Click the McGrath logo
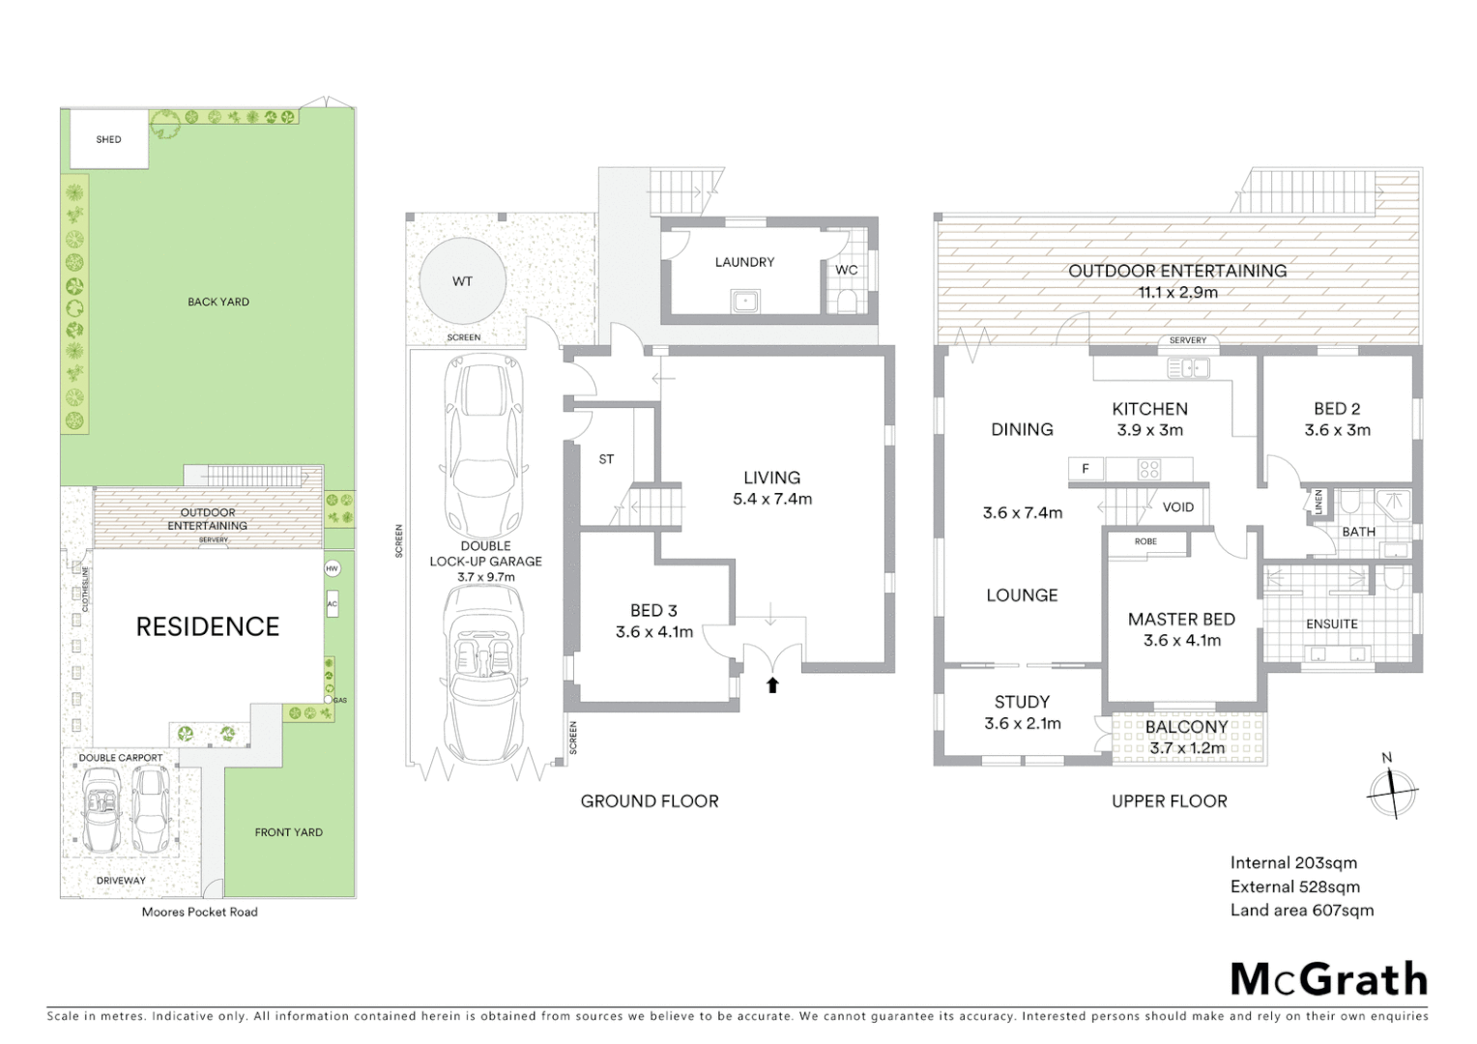coord(1328,979)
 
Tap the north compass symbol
coord(1392,790)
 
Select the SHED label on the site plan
coord(108,139)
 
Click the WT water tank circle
coord(462,281)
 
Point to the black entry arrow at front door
coord(772,685)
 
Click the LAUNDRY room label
coord(744,262)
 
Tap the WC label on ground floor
coord(846,270)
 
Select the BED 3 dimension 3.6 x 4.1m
coord(654,632)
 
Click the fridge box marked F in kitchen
coord(1086,469)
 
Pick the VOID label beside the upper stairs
coord(1177,507)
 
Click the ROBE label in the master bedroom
coord(1145,541)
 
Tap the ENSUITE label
coord(1331,624)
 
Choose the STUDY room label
coord(1022,702)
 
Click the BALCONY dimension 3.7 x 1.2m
coord(1187,748)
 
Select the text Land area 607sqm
coord(1301,910)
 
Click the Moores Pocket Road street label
coord(199,912)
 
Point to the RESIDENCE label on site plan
coord(207,626)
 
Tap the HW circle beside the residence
coord(333,568)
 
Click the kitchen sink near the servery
coord(1188,367)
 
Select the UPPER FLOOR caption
coord(1169,801)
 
